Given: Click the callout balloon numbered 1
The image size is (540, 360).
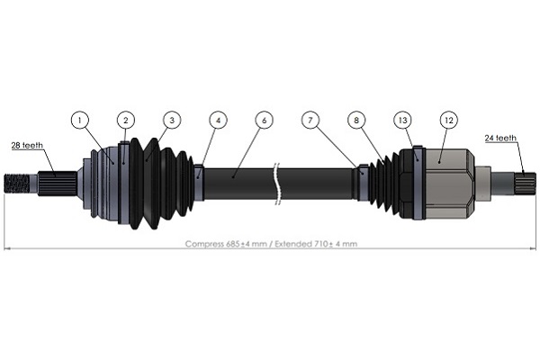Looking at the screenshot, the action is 80,121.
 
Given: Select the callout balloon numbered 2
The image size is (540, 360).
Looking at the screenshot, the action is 126,121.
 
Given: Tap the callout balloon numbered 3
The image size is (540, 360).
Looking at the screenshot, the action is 172,121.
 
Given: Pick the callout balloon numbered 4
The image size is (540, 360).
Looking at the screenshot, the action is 218,121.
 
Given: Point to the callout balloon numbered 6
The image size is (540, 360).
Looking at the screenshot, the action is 264,121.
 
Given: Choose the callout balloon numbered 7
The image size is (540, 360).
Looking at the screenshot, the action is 310,121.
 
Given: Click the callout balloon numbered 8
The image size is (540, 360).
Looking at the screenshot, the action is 356,121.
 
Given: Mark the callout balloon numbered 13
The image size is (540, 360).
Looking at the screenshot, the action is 402,121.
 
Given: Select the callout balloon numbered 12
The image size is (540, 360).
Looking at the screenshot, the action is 449,121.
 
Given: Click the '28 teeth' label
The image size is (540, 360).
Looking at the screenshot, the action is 27,146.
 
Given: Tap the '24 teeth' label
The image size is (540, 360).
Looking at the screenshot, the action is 500,138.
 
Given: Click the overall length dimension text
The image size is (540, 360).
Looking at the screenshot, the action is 271,244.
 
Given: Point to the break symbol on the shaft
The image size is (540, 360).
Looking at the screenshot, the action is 277,184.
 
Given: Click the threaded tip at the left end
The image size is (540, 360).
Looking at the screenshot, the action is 16,184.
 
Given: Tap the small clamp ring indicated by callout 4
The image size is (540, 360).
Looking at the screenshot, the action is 199,183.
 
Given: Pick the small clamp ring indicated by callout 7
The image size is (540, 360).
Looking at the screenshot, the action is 363,183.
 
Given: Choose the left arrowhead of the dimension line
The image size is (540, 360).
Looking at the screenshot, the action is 7,248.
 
